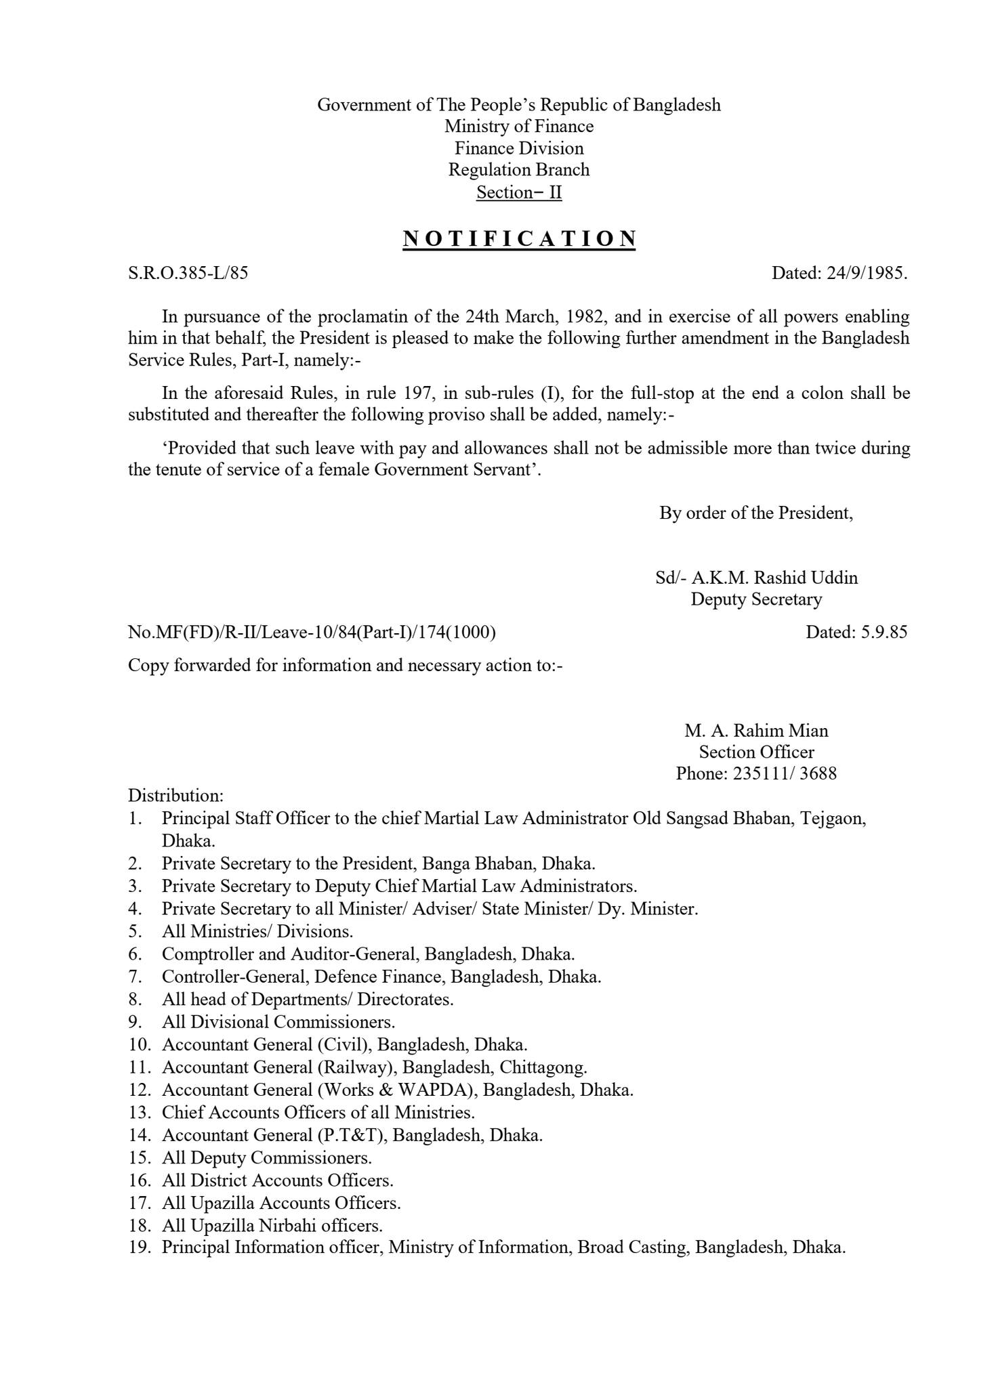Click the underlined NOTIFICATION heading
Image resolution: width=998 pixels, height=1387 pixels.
(x=519, y=239)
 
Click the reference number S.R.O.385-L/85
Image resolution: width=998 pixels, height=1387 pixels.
(x=188, y=273)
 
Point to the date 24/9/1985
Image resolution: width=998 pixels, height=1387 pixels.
(x=867, y=273)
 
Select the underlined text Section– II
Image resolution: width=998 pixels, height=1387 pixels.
(x=519, y=192)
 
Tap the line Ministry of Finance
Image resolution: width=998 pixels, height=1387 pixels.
(x=519, y=127)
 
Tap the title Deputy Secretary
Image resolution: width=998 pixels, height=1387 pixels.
(x=756, y=599)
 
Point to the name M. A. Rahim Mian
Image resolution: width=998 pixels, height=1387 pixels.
(x=756, y=731)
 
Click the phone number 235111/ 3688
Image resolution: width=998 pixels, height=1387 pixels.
(x=785, y=773)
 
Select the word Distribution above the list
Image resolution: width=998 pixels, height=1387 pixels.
(x=175, y=795)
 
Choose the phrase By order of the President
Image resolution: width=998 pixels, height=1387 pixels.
(x=756, y=513)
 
